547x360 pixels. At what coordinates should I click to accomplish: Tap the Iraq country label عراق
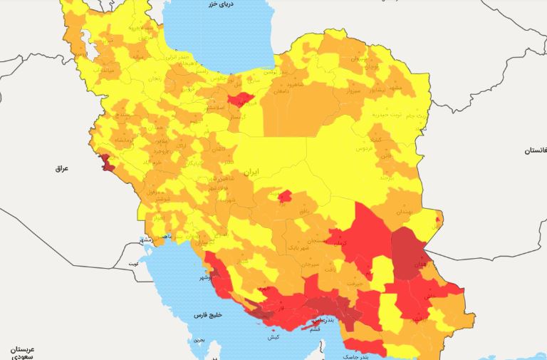click(x=64, y=169)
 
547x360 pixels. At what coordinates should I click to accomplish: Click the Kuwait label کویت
click(x=132, y=263)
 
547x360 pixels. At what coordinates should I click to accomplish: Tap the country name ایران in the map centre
click(x=249, y=173)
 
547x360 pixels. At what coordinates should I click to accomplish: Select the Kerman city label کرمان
click(x=337, y=244)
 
